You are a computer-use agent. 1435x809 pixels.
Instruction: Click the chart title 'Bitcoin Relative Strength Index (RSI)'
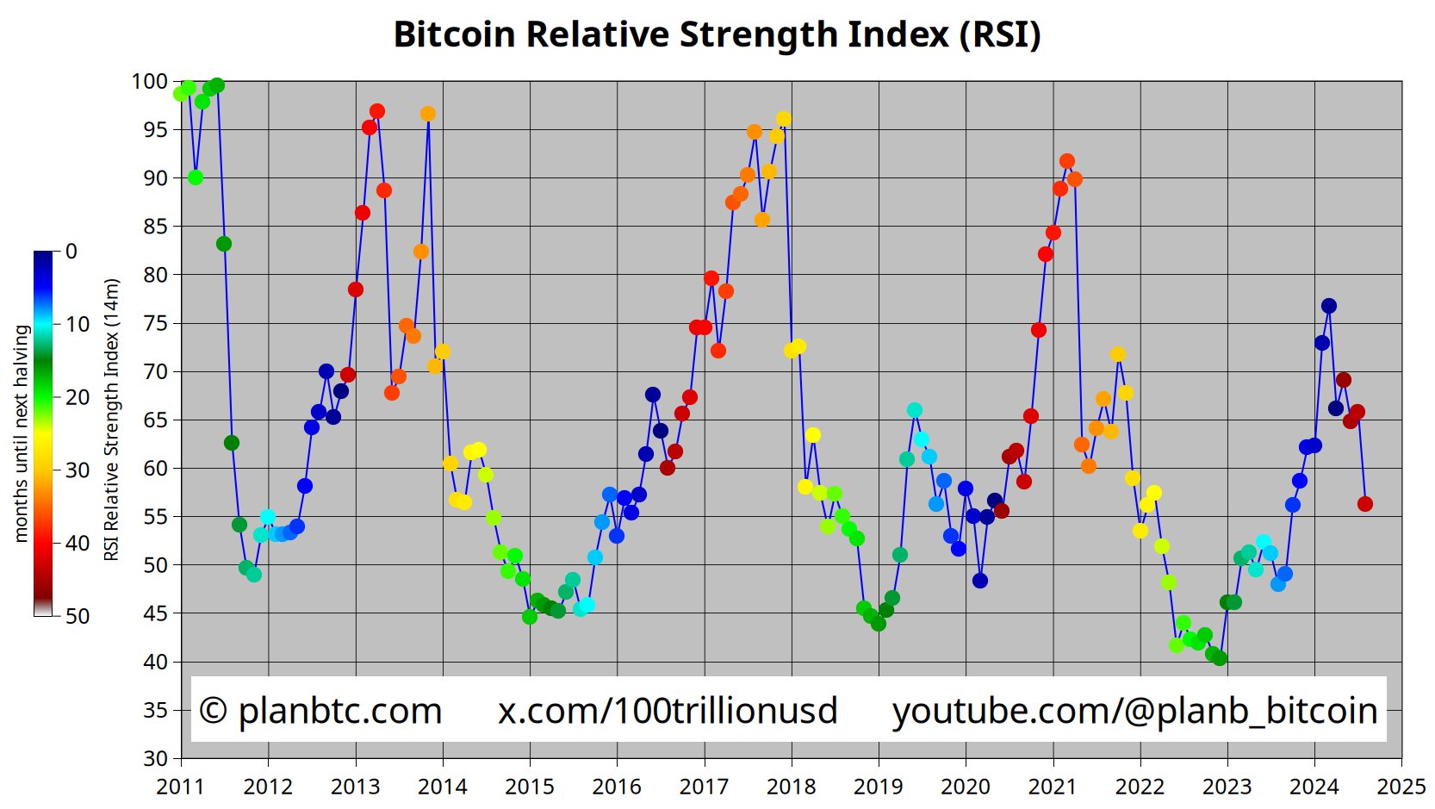717,34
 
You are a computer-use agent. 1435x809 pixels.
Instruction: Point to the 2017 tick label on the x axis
704,787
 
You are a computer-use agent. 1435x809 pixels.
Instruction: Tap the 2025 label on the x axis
1401,787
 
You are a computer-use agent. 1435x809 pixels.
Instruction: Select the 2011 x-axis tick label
180,787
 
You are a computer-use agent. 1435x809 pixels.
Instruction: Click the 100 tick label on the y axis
149,82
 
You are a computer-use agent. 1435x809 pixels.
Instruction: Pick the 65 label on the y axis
155,420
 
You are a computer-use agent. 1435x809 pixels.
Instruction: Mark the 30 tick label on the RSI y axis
155,759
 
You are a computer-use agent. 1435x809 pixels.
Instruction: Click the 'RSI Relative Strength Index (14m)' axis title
111,419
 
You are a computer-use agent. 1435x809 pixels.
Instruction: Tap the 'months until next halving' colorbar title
21,433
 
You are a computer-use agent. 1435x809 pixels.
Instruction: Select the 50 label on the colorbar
78,616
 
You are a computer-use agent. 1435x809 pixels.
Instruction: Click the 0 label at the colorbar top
71,252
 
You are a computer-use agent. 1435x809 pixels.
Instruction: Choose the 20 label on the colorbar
78,397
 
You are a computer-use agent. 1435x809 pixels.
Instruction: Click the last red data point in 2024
1364,504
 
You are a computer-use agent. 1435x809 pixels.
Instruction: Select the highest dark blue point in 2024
1328,306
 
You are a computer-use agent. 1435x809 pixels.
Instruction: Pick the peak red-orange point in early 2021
1067,161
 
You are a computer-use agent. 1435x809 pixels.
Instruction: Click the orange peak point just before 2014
428,114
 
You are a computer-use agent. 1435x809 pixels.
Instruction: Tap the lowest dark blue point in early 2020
979,581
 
